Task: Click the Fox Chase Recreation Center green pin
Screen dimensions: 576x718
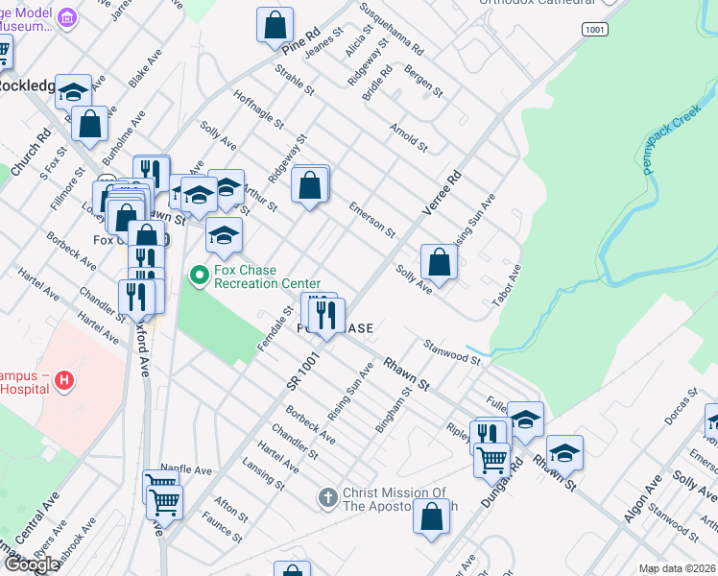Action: [200, 276]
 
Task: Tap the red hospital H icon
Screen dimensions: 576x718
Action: [64, 381]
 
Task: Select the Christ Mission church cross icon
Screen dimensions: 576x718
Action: [326, 498]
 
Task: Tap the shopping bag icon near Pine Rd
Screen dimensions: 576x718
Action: [275, 25]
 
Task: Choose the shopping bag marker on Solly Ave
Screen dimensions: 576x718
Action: [439, 263]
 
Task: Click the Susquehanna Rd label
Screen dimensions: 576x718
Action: [392, 28]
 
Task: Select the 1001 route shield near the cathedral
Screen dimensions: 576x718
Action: [595, 30]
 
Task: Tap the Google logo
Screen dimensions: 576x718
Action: [32, 564]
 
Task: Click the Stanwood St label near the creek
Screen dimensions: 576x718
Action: [451, 351]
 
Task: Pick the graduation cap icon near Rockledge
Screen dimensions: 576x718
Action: [73, 92]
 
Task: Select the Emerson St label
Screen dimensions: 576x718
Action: [371, 219]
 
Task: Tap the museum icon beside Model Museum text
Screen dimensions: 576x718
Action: [67, 18]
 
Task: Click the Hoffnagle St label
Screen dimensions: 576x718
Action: [257, 108]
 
